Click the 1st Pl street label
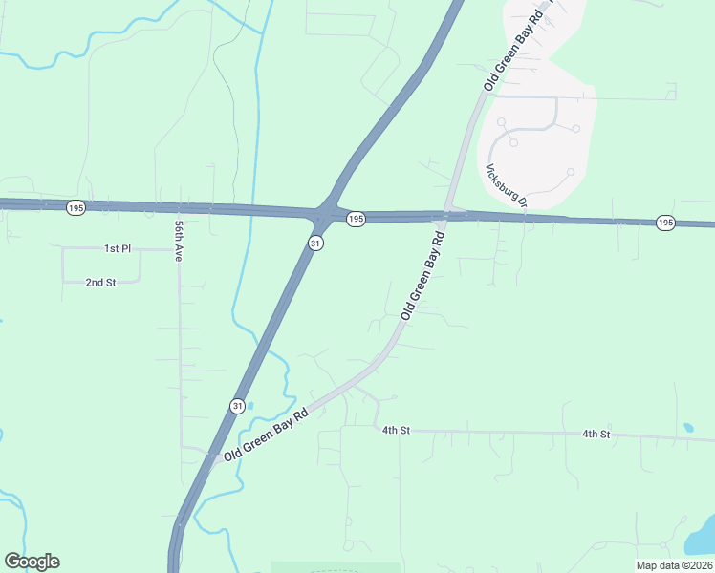pos(118,248)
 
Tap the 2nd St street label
pos(100,283)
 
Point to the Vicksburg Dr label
pos(506,185)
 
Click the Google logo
pos(32,562)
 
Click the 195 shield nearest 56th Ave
pos(76,207)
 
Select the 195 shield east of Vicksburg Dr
pos(666,223)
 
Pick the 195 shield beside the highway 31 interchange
pos(356,220)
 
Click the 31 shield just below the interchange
pos(315,244)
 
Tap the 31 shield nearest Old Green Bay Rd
pos(236,406)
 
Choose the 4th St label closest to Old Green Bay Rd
pos(396,431)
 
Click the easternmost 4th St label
pos(596,435)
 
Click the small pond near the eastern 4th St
pos(687,427)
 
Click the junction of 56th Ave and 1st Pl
pos(179,248)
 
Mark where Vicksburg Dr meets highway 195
pos(526,218)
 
